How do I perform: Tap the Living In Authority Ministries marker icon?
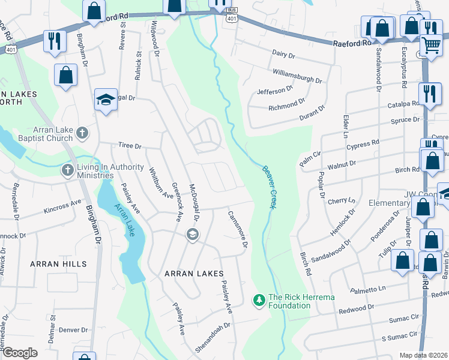pos(67,171)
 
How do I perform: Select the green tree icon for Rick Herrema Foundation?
pos(259,299)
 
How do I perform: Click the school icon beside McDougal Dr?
pos(192,234)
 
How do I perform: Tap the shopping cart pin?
pos(431,44)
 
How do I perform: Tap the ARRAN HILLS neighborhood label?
pos(61,264)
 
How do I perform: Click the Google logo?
pos(20,353)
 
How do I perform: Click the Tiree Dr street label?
pos(129,146)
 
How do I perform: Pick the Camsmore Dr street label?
pos(237,229)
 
